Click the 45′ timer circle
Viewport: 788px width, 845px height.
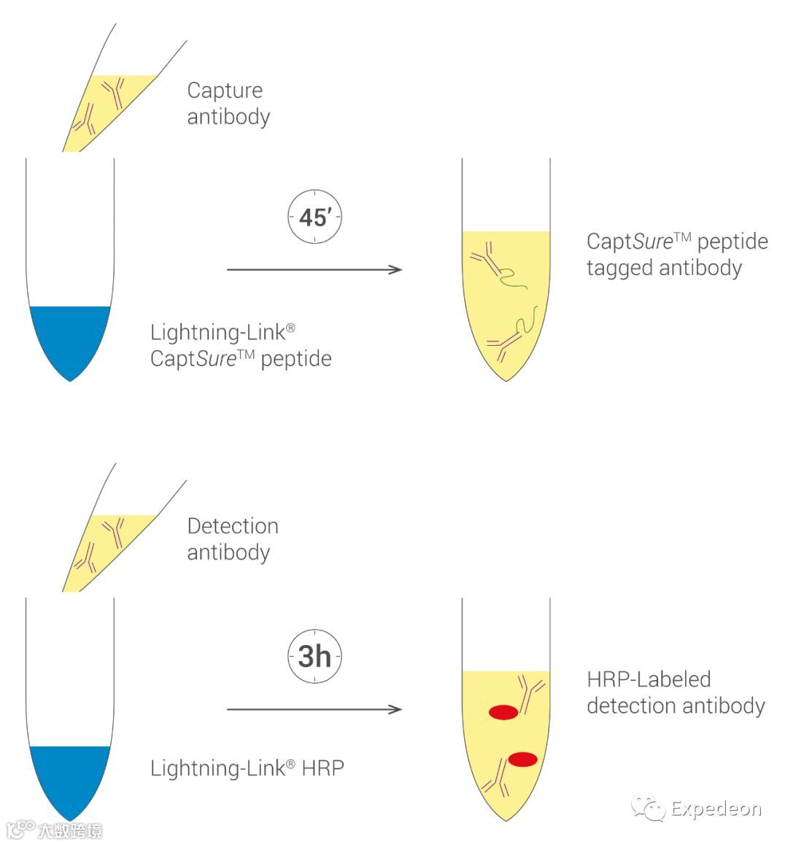[314, 217]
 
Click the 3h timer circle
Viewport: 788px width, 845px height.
[314, 656]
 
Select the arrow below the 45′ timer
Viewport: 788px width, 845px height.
[314, 270]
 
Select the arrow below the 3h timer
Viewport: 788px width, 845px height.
[314, 709]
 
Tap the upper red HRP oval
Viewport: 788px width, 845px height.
[503, 712]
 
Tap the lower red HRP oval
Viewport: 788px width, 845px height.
[522, 760]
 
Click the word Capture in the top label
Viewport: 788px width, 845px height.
[225, 90]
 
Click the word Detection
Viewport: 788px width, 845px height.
[233, 526]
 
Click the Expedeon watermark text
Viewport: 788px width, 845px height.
[716, 809]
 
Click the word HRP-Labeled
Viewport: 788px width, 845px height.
[649, 679]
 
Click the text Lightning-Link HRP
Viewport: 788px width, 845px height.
[247, 768]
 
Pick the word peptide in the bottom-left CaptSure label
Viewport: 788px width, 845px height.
[295, 359]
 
